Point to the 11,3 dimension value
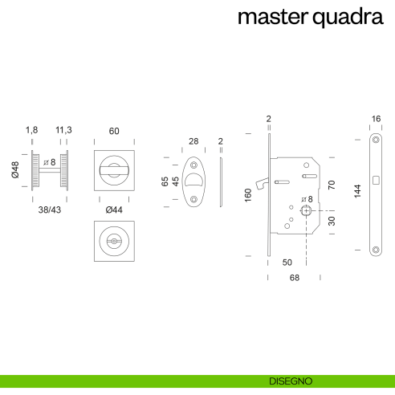coord(64,131)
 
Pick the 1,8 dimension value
coord(32,131)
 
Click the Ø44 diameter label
coord(114,210)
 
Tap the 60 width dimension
coord(114,131)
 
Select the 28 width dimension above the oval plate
coord(193,141)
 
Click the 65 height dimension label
coord(165,181)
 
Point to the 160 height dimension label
coord(249,195)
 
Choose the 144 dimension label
coord(358,190)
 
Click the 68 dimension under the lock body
coord(294,278)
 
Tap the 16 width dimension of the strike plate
coord(376,119)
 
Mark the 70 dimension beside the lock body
coord(332,185)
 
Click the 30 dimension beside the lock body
coord(332,219)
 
